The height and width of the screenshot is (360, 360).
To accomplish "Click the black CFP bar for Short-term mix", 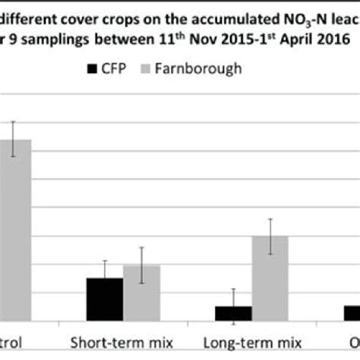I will click(x=104, y=301).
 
